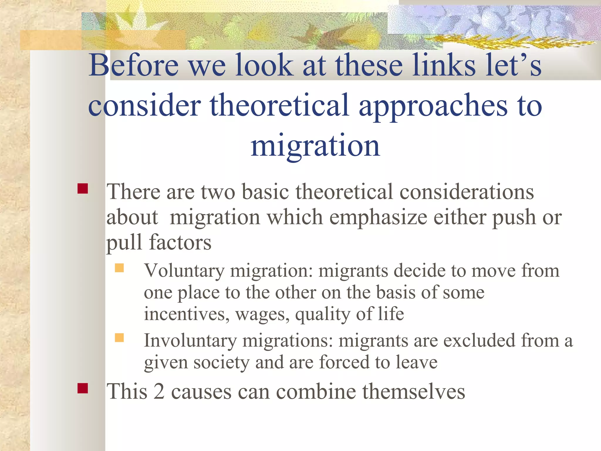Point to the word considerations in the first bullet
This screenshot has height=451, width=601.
click(467, 192)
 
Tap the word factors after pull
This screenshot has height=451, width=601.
click(180, 243)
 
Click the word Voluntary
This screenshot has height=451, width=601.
click(184, 271)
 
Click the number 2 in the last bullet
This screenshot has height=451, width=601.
click(159, 392)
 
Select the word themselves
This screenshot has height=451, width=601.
click(413, 392)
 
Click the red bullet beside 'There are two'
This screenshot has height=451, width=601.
click(83, 189)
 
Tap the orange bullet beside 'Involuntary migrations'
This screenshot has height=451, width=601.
click(119, 338)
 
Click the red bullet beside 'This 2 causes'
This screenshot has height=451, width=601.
click(83, 388)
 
